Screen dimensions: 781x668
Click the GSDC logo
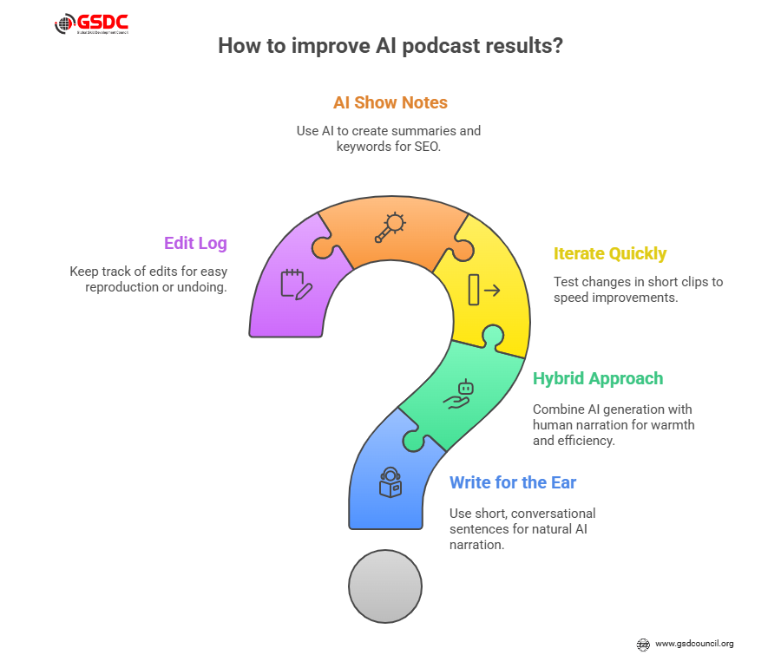[92, 24]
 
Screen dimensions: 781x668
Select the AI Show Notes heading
[390, 102]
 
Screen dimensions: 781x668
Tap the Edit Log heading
[196, 244]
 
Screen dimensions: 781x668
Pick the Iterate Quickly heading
[610, 254]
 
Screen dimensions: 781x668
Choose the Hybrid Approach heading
[598, 379]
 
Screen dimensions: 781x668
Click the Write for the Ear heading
[513, 483]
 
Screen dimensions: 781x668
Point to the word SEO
[427, 147]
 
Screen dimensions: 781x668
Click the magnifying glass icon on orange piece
[390, 227]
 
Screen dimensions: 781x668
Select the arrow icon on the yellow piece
[484, 290]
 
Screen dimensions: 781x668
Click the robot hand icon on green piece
[459, 395]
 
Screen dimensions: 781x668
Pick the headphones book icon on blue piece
[390, 482]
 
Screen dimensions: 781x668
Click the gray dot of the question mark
[385, 586]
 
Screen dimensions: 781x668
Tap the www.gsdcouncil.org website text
[694, 644]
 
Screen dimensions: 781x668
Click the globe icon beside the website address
[643, 645]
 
